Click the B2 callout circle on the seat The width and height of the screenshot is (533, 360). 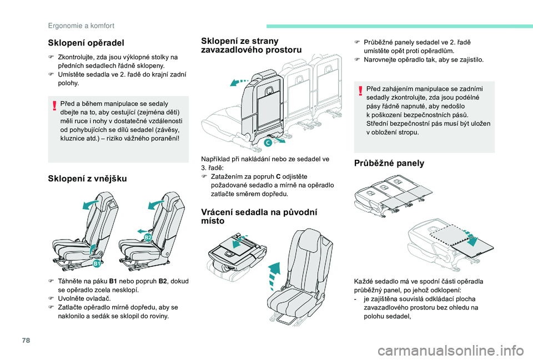(x=148, y=237)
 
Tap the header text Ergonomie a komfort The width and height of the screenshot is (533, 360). (x=81, y=25)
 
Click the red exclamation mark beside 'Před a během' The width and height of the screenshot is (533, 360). (x=54, y=105)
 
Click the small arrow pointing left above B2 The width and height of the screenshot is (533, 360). (x=142, y=230)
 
